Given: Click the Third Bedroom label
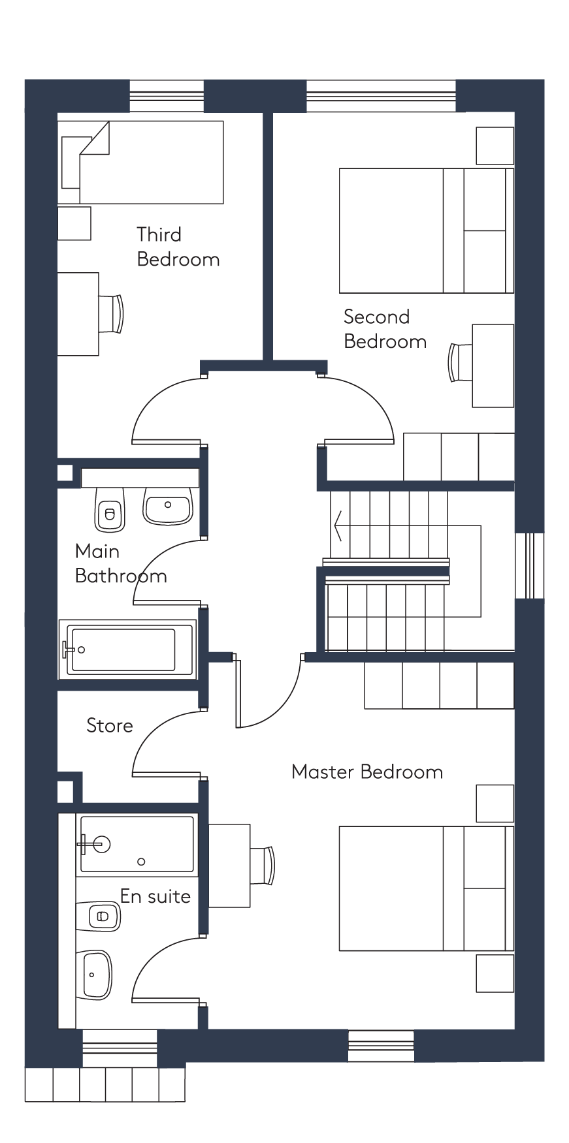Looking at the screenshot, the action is coord(178,247).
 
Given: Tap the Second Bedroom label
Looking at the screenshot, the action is coord(385,329).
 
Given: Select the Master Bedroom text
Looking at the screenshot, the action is coord(367,772).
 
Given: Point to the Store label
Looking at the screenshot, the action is coord(109,725).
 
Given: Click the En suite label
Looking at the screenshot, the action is coord(155,896).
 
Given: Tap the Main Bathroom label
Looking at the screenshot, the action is coord(121,563).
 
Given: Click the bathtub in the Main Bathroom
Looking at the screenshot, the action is coord(127,650).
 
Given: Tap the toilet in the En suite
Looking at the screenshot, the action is coord(99,916).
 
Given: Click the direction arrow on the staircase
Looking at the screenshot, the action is coord(338,525).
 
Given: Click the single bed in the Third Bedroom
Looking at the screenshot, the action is coord(140,162).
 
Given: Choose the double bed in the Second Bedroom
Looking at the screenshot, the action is coord(427,230).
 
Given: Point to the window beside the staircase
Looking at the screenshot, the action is coord(530,565).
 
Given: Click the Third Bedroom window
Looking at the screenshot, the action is coord(167,96).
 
